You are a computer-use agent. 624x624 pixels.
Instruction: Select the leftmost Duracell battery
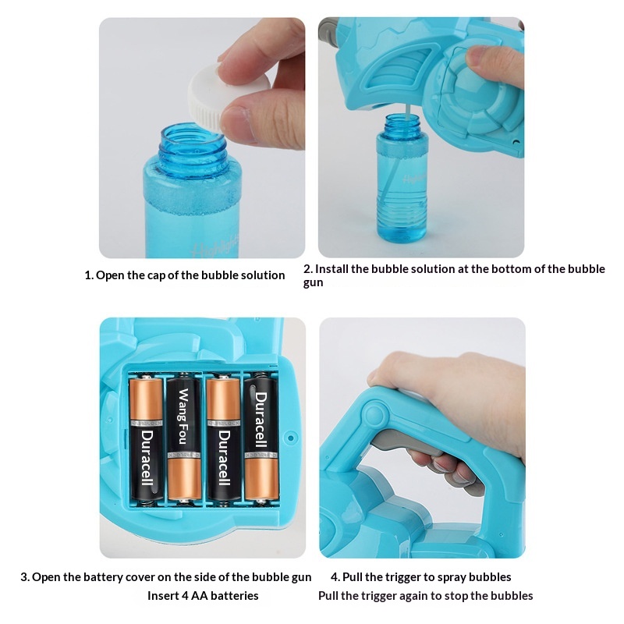[x=146, y=437]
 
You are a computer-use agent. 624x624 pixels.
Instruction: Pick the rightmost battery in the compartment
[x=261, y=437]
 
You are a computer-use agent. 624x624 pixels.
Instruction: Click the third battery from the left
[x=223, y=437]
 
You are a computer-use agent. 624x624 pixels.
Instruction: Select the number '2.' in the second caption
[x=308, y=269]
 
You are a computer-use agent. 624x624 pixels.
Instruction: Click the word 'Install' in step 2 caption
[x=334, y=269]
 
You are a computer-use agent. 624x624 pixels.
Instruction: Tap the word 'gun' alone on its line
[x=314, y=283]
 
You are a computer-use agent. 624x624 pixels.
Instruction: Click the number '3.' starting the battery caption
[x=25, y=577]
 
